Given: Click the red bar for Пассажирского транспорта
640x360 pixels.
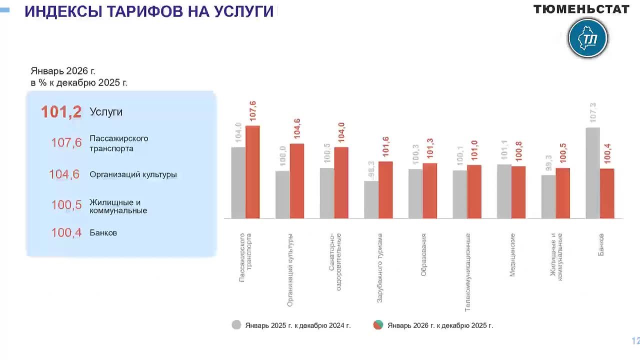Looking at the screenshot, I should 252,172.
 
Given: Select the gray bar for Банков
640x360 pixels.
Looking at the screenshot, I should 592,173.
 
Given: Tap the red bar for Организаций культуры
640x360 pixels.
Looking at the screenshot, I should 297,181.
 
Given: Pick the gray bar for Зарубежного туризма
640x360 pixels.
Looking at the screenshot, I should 371,200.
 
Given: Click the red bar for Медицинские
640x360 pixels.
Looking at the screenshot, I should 518,192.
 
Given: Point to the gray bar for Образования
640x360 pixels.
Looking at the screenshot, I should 415,194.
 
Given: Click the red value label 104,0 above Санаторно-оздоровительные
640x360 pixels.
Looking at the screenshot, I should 341,133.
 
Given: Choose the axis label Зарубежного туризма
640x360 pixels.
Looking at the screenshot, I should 379,267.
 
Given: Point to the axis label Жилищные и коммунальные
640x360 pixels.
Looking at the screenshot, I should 556,256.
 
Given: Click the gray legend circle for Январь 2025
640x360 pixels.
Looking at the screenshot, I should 236,325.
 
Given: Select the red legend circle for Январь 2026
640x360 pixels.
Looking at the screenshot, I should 378,325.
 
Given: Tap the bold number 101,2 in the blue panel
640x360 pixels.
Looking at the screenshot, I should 61,112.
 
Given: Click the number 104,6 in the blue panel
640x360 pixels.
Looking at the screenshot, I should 64,174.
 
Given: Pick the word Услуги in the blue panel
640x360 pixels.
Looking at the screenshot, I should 106,112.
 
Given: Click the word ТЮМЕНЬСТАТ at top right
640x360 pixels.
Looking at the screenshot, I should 581,9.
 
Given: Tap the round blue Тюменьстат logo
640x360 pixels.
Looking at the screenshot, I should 588,38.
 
